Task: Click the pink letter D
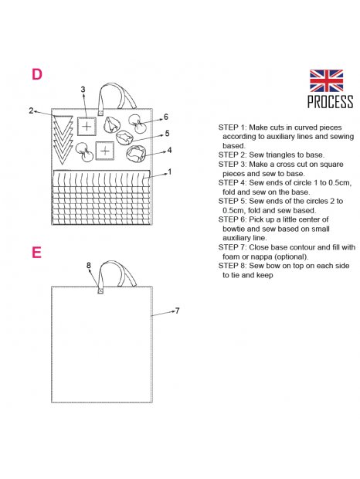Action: [37, 74]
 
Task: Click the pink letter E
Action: [36, 253]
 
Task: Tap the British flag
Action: [326, 80]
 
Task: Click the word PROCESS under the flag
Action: [330, 102]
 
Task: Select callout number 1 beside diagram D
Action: [170, 172]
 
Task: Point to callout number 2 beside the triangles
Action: [31, 110]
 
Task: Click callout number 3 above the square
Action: [83, 90]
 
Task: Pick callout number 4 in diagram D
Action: [169, 150]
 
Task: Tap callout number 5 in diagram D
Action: [167, 133]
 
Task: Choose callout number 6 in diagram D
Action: [166, 117]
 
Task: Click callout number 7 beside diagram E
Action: [178, 311]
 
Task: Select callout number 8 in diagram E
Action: [89, 265]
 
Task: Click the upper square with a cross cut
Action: [87, 126]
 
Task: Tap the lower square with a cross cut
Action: [105, 151]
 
